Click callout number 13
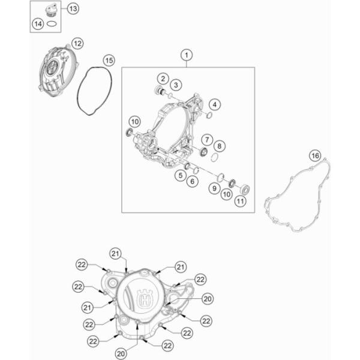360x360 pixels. pos(73,9)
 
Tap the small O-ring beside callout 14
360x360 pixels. pos(52,23)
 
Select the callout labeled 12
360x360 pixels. pos(77,43)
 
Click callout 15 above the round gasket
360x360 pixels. pos(109,61)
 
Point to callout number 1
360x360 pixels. pos(187,55)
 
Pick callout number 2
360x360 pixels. pos(163,79)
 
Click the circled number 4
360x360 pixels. pos(215,104)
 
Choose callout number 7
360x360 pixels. pos(207,140)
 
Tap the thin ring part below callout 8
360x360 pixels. pos(214,157)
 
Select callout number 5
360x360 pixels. pos(181,176)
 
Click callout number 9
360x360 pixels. pos(214,188)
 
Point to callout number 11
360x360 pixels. pos(240,202)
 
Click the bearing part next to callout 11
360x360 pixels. pos(245,190)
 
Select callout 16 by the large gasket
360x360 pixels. pos(315,156)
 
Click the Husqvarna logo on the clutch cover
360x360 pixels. pos(145,298)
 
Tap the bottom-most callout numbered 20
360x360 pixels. pos(121,354)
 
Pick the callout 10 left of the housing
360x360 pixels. pos(135,122)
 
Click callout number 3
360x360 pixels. pos(176,85)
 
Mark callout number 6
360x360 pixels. pos(193,181)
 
